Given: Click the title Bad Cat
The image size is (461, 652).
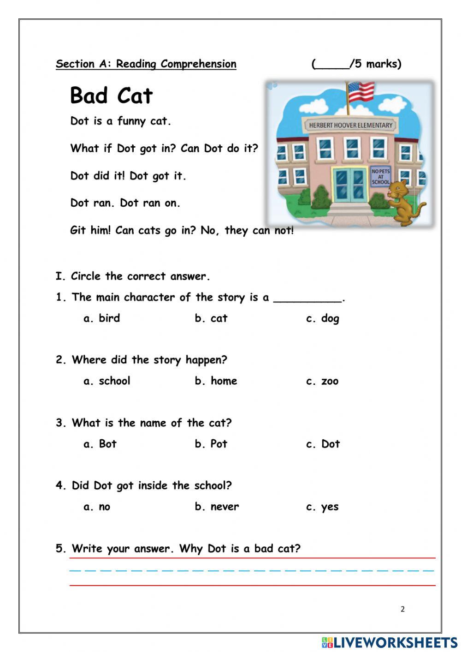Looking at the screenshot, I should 111,96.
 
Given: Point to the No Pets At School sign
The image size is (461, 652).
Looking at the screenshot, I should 380,176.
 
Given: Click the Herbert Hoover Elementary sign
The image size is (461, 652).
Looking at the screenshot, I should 350,125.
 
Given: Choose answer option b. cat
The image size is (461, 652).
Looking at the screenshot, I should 211,318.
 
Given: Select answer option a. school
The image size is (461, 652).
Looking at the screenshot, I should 107,381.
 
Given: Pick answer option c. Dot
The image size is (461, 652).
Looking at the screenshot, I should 323,444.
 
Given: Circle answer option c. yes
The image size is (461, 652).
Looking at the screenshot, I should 322,507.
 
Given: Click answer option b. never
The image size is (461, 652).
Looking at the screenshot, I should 217,507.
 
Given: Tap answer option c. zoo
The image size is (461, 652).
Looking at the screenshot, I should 322,381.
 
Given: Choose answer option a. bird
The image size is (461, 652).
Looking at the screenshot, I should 102,318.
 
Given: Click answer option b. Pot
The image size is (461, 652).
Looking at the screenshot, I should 211,444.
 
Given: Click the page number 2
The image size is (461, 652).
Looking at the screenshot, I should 402,609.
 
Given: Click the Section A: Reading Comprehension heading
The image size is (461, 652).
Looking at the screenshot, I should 146,64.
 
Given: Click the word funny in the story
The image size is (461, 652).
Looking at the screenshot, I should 131,121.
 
